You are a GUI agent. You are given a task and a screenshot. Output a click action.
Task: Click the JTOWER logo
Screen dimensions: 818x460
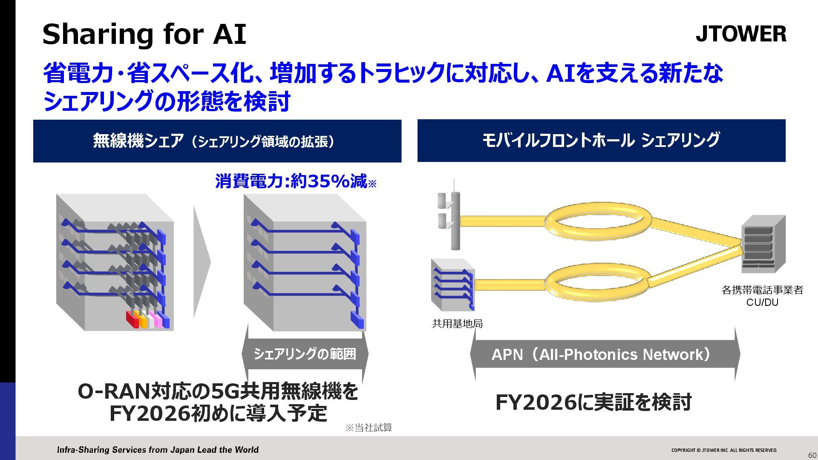(x=741, y=34)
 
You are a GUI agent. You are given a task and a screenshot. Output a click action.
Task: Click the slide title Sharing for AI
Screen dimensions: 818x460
(x=144, y=34)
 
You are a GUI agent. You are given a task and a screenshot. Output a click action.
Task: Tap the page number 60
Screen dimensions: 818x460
(x=812, y=455)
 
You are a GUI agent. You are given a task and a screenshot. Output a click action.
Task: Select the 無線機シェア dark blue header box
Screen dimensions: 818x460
(x=217, y=141)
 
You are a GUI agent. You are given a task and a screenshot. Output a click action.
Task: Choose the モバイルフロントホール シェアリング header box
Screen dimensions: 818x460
(x=601, y=141)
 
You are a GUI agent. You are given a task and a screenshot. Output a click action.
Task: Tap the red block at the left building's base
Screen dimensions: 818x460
(x=132, y=319)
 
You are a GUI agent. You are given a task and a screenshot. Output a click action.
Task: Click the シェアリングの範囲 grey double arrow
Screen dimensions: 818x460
(x=305, y=354)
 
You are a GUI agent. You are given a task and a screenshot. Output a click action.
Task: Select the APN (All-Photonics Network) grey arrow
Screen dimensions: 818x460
(x=605, y=354)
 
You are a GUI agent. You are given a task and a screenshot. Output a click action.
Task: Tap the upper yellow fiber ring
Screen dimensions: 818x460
(x=598, y=221)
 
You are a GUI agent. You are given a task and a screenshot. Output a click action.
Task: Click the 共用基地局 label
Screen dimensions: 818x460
(x=457, y=324)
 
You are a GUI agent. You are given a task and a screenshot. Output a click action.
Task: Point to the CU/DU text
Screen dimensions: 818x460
(x=762, y=302)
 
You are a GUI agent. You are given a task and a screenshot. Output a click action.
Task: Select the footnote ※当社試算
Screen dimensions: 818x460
(x=369, y=428)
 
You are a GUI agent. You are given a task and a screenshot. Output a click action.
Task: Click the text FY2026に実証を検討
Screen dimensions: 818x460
(x=593, y=402)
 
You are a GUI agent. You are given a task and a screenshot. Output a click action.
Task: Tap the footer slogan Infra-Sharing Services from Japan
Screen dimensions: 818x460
(x=158, y=450)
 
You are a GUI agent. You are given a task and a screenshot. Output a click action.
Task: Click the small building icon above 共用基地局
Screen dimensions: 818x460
(x=453, y=285)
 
